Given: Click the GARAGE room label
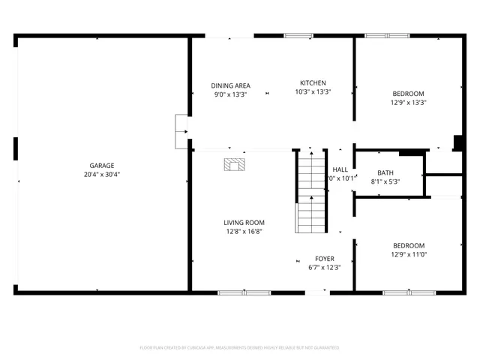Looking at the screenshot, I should tap(102, 165).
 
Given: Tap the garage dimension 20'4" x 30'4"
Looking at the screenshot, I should tap(102, 175).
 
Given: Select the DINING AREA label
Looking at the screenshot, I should tap(230, 85).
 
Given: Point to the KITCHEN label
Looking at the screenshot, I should tap(313, 82).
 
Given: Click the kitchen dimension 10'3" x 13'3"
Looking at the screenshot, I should tap(313, 92).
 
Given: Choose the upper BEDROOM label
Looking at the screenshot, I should tap(408, 94).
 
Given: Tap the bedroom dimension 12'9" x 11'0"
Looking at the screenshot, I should tap(409, 255).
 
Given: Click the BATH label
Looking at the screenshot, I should tap(385, 172).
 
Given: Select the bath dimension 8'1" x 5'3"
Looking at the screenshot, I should tap(385, 181).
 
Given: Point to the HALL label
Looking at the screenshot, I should tap(340, 169).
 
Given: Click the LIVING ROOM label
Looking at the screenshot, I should tap(244, 222).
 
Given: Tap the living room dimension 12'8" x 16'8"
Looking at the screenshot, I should tap(244, 232).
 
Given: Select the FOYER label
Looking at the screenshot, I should tap(324, 258).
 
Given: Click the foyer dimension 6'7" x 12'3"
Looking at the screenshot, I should tap(324, 268).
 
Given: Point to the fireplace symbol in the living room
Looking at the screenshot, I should tap(235, 164).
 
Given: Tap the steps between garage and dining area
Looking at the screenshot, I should tap(181, 130).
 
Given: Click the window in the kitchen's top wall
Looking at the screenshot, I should tap(298, 35).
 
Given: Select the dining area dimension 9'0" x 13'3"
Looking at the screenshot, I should tap(230, 94).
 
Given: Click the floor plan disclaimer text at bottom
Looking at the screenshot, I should tap(240, 348).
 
